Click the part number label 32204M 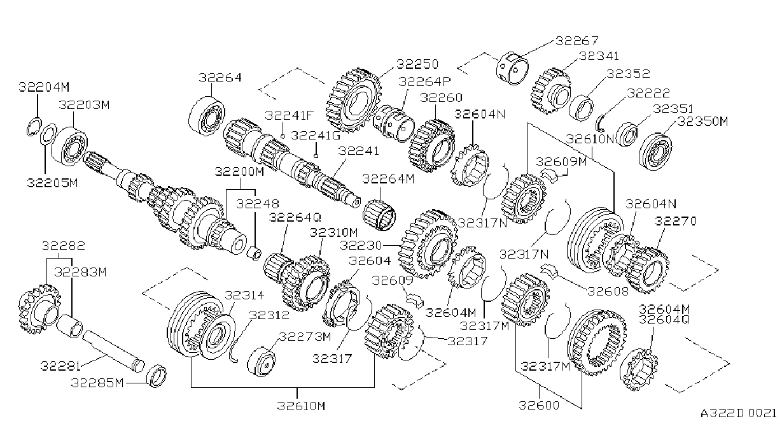pyautogui.click(x=44, y=87)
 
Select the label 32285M pyautogui.click(x=97, y=383)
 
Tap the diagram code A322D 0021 pyautogui.click(x=738, y=413)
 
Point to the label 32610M pyautogui.click(x=301, y=406)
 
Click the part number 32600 pyautogui.click(x=539, y=405)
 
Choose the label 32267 pyautogui.click(x=576, y=41)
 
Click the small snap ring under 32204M pyautogui.click(x=34, y=127)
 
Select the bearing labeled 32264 pyautogui.click(x=207, y=117)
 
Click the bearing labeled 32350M pyautogui.click(x=655, y=152)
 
